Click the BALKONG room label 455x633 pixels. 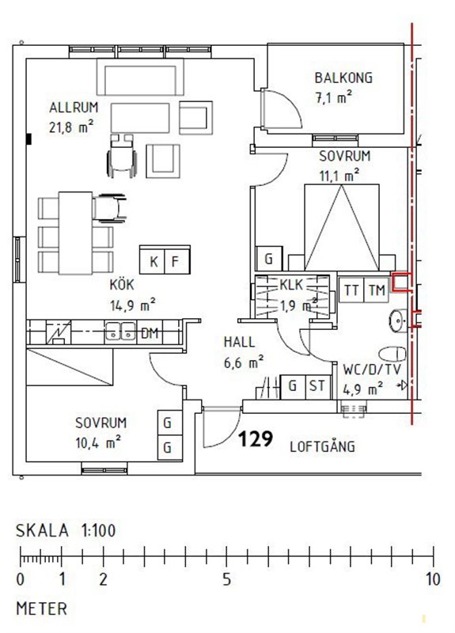[343, 78]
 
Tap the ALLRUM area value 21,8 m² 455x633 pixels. [71, 127]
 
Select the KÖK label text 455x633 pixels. [122, 284]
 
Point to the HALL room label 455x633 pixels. [240, 343]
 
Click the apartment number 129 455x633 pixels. [256, 439]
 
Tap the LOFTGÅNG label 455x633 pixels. [323, 446]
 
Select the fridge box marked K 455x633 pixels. [152, 260]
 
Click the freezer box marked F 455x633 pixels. [177, 260]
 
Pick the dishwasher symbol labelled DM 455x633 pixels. [150, 333]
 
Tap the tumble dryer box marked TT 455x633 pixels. [351, 290]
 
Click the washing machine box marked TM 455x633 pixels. [377, 290]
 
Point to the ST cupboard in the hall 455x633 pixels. [318, 387]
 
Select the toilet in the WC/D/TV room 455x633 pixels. [392, 354]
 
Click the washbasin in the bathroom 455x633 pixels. [399, 320]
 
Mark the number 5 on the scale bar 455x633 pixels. [227, 579]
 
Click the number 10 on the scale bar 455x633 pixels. [432, 579]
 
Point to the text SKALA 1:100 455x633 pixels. [66, 530]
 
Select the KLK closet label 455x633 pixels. [291, 285]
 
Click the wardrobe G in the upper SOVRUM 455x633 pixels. [269, 259]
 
